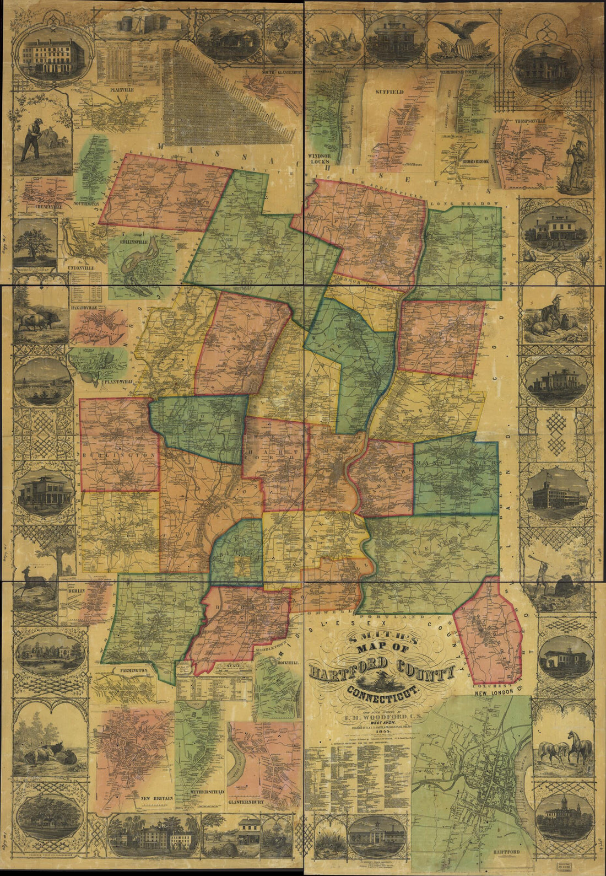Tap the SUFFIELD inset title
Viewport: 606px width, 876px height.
390,92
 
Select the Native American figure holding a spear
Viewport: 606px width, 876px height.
576,162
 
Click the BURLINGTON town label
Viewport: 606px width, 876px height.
120,456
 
